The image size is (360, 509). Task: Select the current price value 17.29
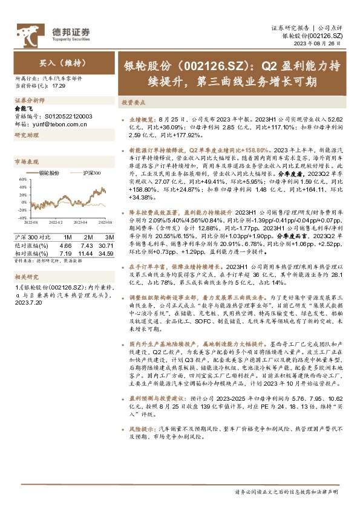click(x=58, y=86)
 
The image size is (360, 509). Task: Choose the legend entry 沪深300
click(x=91, y=173)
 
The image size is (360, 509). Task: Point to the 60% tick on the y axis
click(x=22, y=180)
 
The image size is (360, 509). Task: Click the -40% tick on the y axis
click(x=21, y=218)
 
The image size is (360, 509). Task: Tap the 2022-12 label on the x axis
click(x=56, y=223)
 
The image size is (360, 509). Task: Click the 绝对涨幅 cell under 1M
click(x=66, y=245)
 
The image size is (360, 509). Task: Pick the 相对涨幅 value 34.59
click(x=106, y=253)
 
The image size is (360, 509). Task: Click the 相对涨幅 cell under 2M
click(x=86, y=253)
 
